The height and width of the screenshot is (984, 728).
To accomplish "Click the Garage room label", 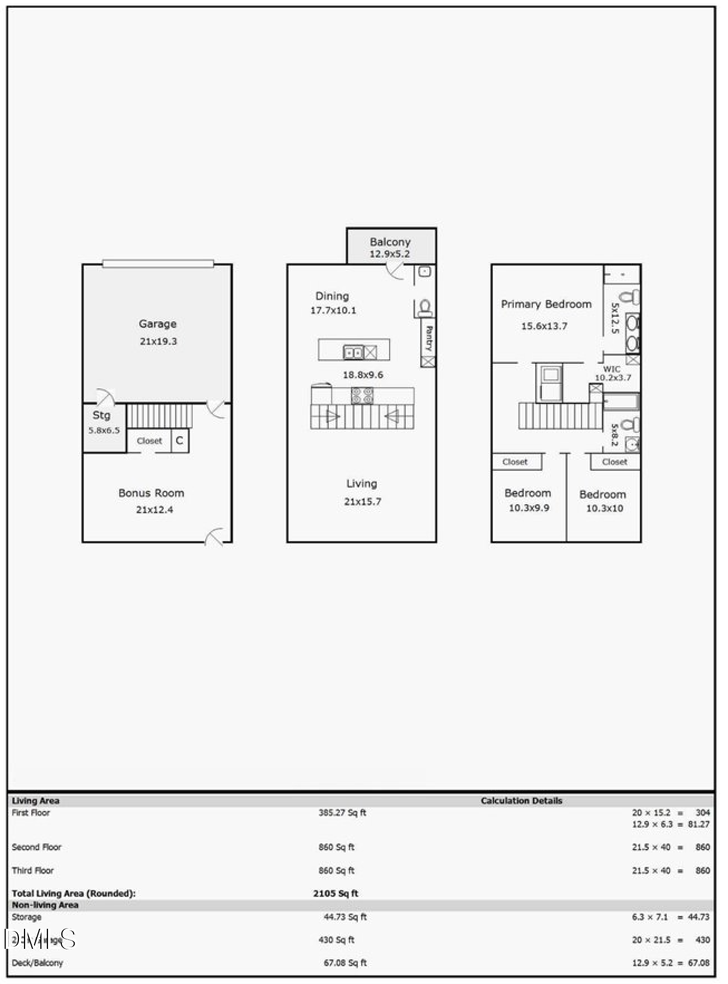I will click(157, 324).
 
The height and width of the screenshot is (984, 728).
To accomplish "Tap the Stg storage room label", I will click(101, 415).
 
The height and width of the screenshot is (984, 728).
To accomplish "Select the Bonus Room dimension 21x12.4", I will click(154, 509).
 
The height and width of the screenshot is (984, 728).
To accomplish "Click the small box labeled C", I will click(179, 441).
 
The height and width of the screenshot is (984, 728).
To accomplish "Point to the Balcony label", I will click(390, 242).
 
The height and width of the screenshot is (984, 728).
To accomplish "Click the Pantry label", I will click(428, 338).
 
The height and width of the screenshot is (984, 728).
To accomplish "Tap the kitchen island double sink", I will click(354, 353).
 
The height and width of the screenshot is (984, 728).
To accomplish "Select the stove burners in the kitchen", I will click(362, 395).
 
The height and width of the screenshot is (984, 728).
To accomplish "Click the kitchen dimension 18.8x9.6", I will click(363, 375).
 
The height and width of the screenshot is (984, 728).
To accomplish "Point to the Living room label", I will click(362, 484).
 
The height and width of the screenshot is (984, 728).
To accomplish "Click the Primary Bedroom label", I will click(546, 304).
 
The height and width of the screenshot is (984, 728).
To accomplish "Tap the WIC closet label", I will click(611, 369).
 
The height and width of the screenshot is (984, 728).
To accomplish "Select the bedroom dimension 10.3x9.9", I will click(528, 508).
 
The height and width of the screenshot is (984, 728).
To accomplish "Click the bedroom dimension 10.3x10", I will click(604, 508).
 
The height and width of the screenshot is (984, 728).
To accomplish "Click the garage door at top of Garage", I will click(158, 264).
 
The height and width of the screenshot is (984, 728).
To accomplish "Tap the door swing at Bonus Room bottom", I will click(215, 537).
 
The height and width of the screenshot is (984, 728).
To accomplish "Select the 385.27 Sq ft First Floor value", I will click(342, 813).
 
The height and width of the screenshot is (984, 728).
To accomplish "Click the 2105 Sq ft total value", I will click(336, 893).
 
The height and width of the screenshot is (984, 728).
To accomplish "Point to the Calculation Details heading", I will click(521, 800).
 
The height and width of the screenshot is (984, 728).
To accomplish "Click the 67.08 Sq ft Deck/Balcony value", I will click(345, 962).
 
